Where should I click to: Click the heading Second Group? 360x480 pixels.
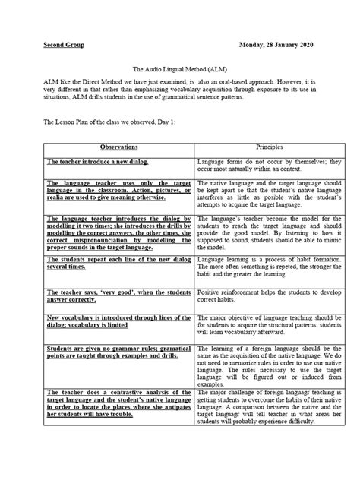[63, 45]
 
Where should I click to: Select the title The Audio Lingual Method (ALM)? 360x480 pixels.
[179, 67]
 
